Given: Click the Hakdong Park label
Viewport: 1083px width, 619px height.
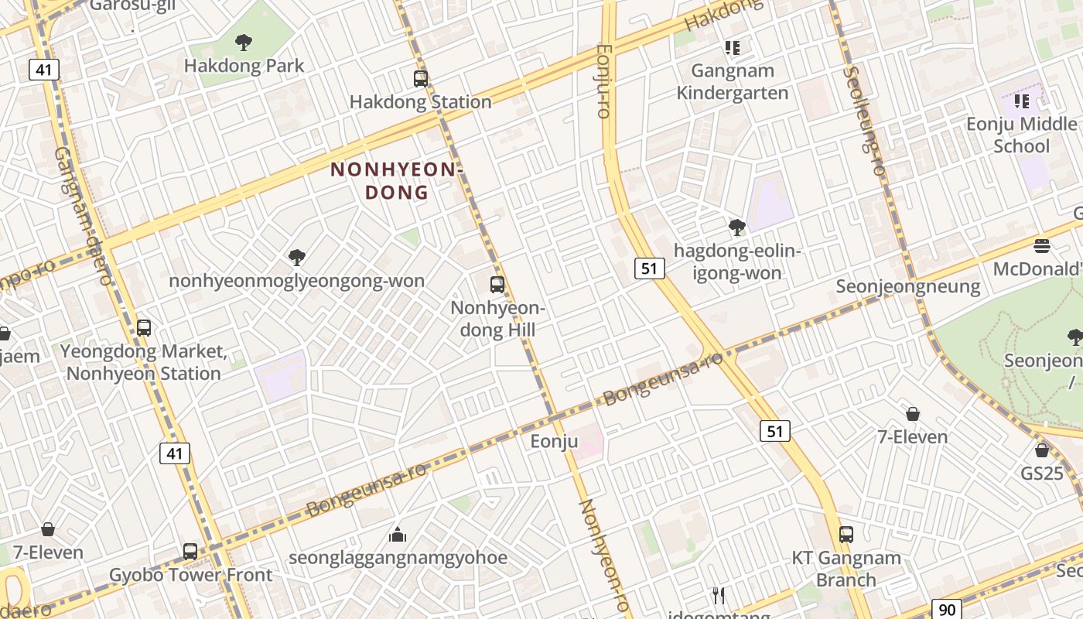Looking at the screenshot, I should tap(244, 66).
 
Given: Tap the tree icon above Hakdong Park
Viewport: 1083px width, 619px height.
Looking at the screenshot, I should tap(244, 42).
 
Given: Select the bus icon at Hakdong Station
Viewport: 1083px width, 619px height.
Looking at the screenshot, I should tap(421, 78).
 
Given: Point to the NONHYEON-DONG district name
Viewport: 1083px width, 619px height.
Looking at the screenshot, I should tap(395, 180).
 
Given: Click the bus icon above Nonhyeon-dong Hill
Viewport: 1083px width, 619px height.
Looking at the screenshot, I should tap(497, 284).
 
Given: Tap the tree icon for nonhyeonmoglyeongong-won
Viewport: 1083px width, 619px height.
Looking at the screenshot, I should tap(296, 257).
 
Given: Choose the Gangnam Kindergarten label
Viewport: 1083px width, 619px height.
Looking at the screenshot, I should tap(733, 82).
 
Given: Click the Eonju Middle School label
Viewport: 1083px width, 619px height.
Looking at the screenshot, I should tap(1021, 135).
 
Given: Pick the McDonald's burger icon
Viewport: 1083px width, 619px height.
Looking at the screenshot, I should tap(1041, 246).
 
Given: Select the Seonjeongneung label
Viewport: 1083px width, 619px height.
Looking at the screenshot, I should tap(907, 286).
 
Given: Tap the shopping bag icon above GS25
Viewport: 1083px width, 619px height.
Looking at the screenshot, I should tap(1042, 450).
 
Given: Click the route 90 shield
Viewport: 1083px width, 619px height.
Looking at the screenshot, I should tap(947, 610).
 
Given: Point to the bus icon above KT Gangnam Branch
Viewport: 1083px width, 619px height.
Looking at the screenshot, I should tap(846, 534).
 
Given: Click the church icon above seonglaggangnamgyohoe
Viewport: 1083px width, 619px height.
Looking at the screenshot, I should tap(398, 534).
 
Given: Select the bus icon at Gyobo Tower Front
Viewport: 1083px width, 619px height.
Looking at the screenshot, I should tap(190, 552).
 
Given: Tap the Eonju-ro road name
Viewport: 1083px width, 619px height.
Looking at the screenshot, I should tap(604, 80).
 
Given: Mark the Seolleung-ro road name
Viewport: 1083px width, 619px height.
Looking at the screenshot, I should tap(864, 120).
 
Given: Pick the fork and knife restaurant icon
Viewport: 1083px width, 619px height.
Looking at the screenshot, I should tap(719, 595).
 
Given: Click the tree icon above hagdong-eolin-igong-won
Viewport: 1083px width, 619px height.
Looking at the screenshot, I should tap(737, 227).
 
